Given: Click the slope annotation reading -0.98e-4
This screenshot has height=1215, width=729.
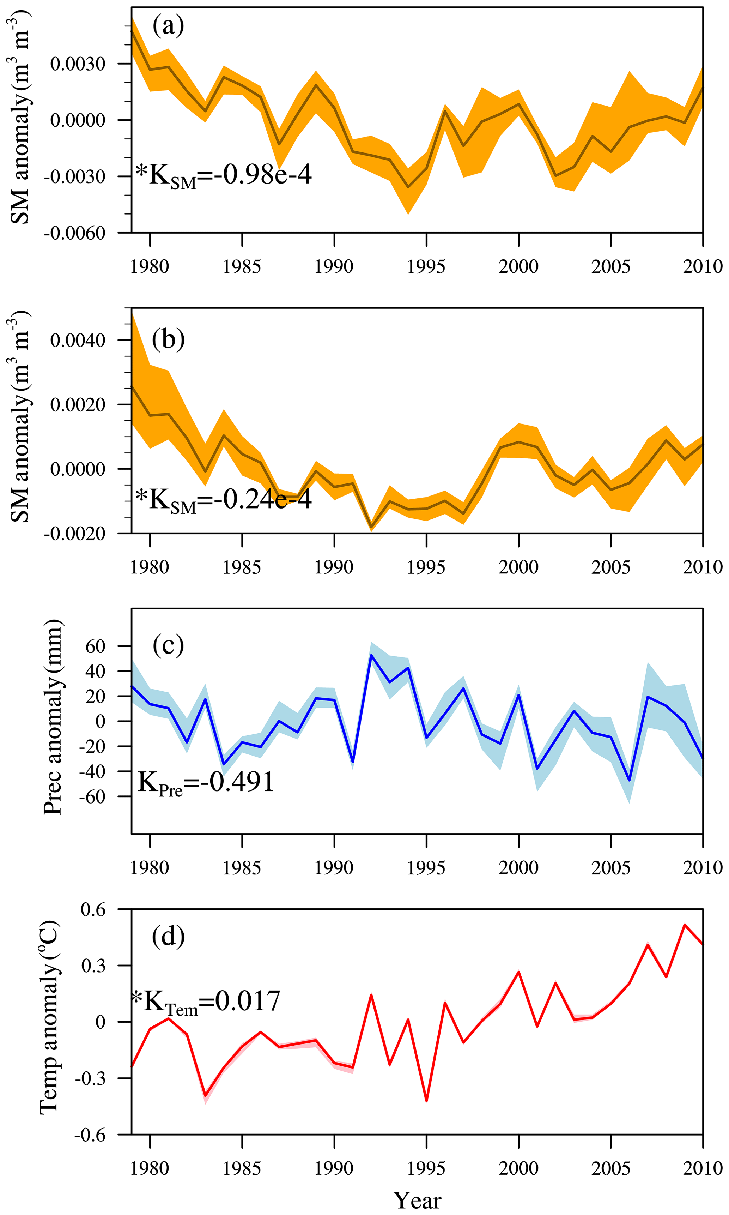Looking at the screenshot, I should point(224,175).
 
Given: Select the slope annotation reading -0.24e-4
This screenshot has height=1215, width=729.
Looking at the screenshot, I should point(224,500).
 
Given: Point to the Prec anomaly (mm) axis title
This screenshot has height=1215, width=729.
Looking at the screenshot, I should point(53,717).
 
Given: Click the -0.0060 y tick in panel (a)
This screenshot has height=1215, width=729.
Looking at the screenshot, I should point(75,233).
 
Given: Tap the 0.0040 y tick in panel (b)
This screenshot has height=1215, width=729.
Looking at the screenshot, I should point(78,340).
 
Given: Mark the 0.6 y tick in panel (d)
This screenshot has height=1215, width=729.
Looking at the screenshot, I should point(93,910).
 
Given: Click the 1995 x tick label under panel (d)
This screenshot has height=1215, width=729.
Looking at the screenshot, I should point(426,1168).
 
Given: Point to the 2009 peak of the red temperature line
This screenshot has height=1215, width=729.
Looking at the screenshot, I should point(684,925).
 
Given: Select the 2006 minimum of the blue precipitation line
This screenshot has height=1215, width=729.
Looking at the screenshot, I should point(629,781).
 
